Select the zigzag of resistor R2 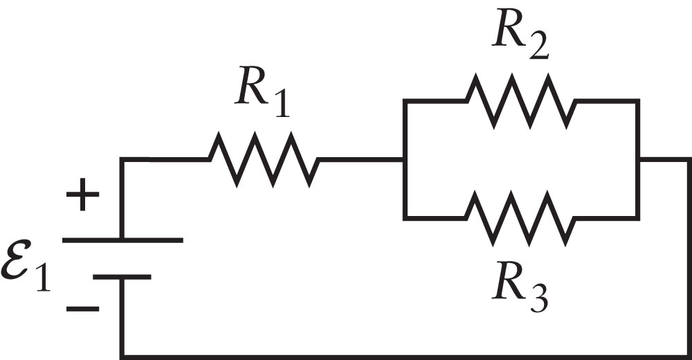coord(520,101)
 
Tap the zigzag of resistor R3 coord(520,217)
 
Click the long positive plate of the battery coord(122,240)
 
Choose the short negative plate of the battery coord(122,277)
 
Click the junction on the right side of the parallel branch coord(638,160)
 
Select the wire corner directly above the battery coord(122,160)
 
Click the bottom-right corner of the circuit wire coord(688,356)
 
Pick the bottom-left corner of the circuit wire coord(122,356)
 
